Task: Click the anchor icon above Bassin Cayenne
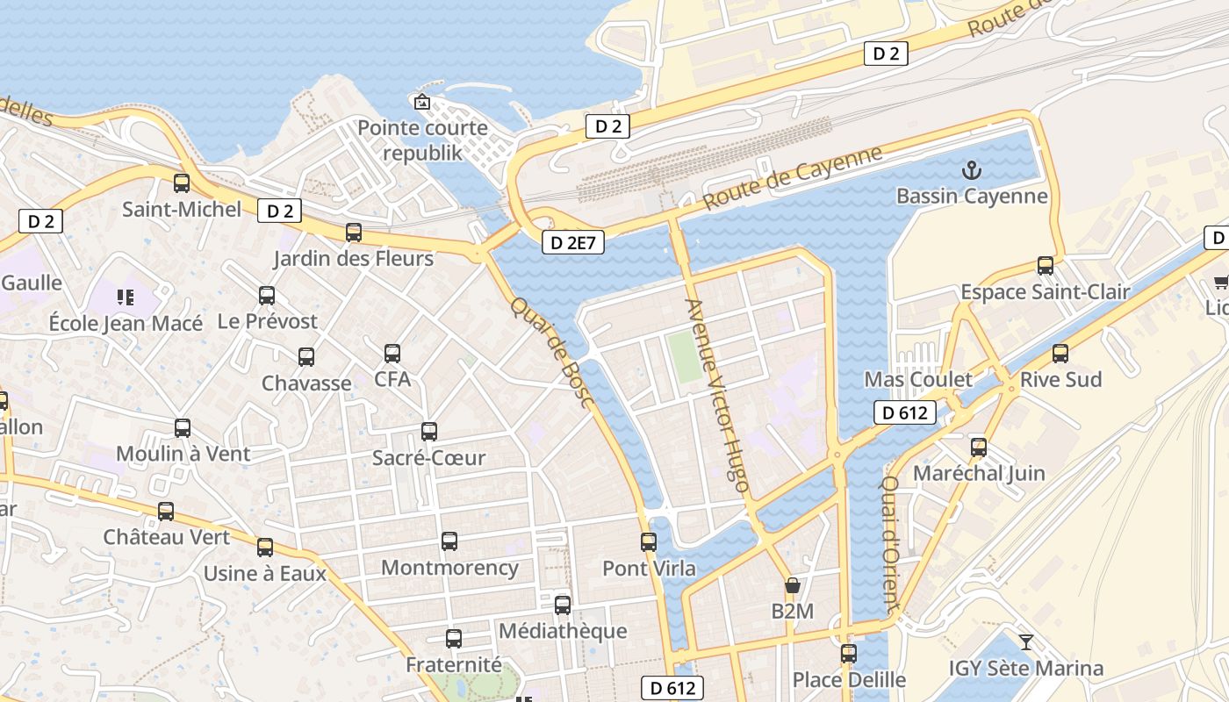(x=972, y=170)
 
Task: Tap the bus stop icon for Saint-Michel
(x=182, y=183)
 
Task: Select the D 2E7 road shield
(x=574, y=242)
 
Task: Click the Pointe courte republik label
(x=422, y=140)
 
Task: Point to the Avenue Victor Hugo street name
(x=718, y=395)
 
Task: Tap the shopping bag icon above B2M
(x=792, y=585)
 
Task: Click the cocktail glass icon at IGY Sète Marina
(x=1025, y=642)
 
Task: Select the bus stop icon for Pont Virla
(x=649, y=542)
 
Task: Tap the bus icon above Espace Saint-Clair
(x=1045, y=265)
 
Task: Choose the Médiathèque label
(x=563, y=631)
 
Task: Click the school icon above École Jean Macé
(x=126, y=297)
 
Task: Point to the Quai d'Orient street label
(x=891, y=544)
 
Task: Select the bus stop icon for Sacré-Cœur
(x=428, y=432)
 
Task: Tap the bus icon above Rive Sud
(x=1060, y=354)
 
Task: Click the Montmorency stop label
(x=449, y=568)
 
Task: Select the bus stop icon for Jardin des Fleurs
(x=354, y=233)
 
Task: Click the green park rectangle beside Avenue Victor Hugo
(x=685, y=356)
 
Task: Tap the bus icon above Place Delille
(x=848, y=654)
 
